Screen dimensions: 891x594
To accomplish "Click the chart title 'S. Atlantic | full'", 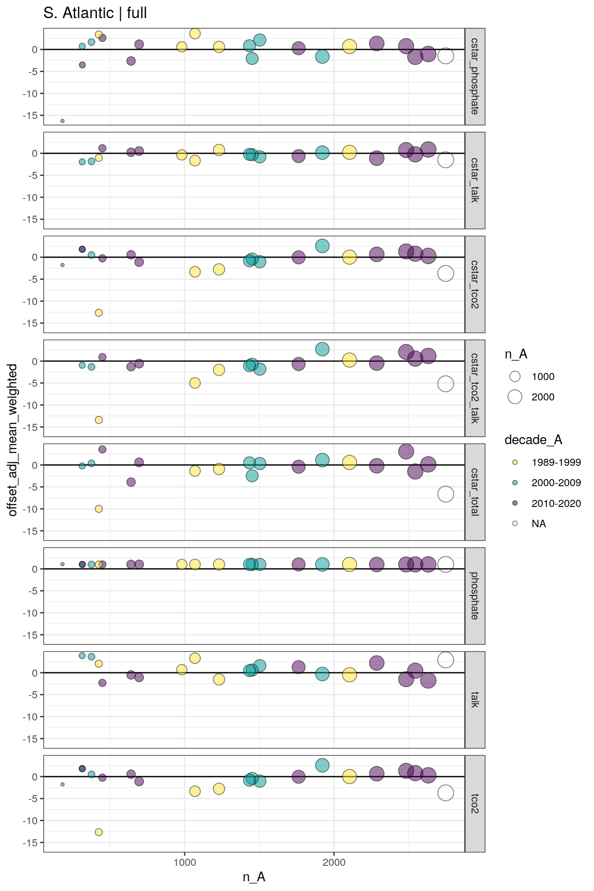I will pos(95,13).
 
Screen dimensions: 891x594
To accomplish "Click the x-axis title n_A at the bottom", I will pos(254,876).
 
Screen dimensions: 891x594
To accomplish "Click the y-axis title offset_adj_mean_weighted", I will pos(12,440).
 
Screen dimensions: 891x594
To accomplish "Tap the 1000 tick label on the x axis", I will pos(185,862).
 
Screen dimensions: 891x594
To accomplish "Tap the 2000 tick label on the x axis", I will pos(334,862).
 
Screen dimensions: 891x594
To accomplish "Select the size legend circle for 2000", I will pos(515,397).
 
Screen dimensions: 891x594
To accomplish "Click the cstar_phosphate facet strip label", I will pos(475,76).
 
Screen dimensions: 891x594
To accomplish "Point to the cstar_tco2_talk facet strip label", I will pos(475,388).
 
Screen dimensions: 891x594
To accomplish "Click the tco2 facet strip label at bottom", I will pos(475,803).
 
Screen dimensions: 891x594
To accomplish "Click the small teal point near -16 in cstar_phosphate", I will pos(62,121).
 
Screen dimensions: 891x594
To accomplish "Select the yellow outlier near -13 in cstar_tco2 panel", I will pos(99,313).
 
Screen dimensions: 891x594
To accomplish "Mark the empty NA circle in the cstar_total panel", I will pos(445,494).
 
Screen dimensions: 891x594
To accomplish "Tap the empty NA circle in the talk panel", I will pos(445,660).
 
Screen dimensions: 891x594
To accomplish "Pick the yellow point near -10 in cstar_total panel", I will pos(99,509).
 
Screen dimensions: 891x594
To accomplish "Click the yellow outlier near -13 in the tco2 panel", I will pos(99,832).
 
